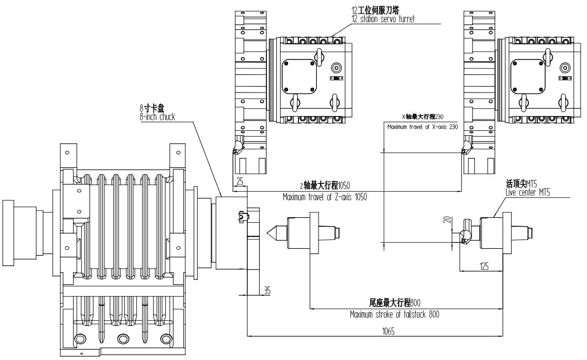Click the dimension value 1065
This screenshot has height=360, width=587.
point(375,331)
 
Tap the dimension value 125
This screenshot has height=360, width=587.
point(484,266)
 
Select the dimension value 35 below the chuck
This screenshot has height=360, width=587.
point(267,290)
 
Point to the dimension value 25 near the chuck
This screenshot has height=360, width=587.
point(239,181)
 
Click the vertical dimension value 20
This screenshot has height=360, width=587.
point(447,220)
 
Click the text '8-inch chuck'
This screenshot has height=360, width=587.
point(157,117)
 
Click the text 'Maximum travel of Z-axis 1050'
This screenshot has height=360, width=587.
point(324,196)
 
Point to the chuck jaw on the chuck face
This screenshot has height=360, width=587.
point(241,216)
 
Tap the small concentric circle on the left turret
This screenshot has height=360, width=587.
point(337,67)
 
